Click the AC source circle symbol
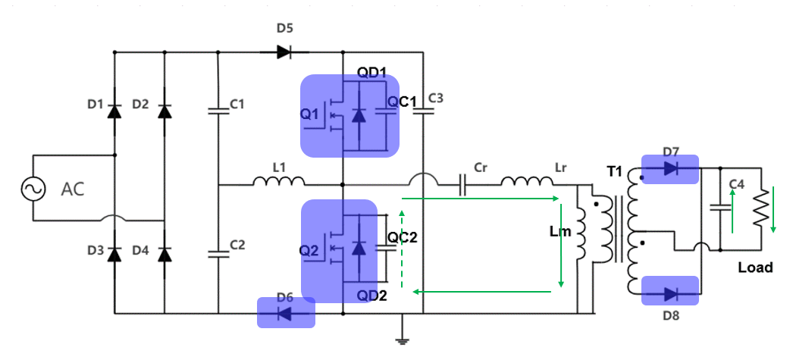click(35, 188)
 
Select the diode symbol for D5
click(283, 52)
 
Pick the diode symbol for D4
click(165, 253)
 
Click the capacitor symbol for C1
click(218, 111)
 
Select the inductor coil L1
click(278, 182)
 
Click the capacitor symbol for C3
click(423, 111)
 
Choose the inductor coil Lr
click(526, 182)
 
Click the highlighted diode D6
click(286, 312)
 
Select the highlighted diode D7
click(669, 170)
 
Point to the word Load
click(755, 267)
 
